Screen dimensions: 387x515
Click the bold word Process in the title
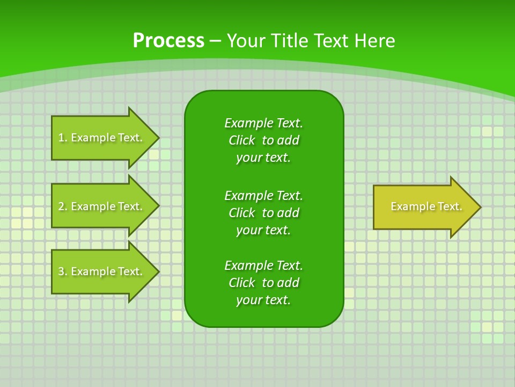click(x=168, y=41)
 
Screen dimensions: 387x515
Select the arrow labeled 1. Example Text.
click(x=102, y=138)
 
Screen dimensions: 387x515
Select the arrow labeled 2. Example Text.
click(x=102, y=206)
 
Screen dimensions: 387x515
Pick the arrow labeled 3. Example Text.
click(x=102, y=271)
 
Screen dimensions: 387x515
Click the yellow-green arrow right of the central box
click(x=424, y=207)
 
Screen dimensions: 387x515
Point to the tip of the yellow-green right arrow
click(x=479, y=207)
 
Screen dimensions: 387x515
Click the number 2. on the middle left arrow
click(x=62, y=206)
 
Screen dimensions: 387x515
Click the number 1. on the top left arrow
click(x=62, y=138)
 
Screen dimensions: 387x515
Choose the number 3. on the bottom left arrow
click(x=62, y=271)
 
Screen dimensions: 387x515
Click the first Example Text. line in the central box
click(x=263, y=123)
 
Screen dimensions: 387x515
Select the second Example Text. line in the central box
click(x=263, y=195)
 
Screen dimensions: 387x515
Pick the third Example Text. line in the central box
click(x=263, y=266)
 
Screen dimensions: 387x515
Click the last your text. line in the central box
click(x=263, y=300)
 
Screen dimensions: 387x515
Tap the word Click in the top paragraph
click(x=241, y=140)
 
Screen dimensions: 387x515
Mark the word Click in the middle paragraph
click(x=241, y=213)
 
